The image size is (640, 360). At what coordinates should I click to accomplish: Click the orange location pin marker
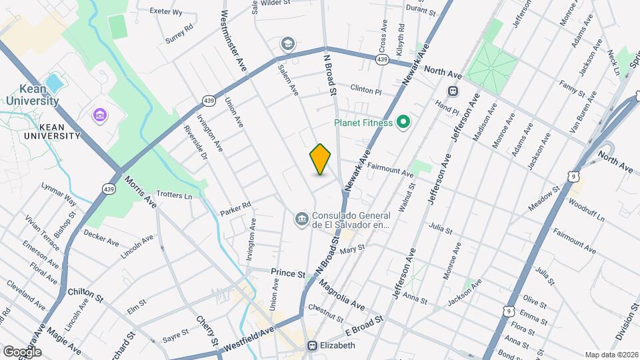click(321, 159)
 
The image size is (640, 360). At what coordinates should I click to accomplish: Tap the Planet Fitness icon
click(403, 122)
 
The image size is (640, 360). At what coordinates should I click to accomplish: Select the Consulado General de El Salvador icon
click(301, 219)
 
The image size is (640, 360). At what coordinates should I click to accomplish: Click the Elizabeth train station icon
click(312, 345)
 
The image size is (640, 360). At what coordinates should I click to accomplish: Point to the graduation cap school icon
click(288, 44)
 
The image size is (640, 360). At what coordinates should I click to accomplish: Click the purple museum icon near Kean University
click(100, 116)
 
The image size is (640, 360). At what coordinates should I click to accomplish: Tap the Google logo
click(22, 351)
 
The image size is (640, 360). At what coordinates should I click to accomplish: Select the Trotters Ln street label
click(174, 196)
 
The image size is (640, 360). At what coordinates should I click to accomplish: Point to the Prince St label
click(287, 273)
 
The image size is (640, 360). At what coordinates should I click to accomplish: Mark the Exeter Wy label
click(165, 12)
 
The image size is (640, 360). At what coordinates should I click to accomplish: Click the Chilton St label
click(85, 293)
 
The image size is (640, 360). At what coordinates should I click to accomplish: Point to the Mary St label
click(353, 249)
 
